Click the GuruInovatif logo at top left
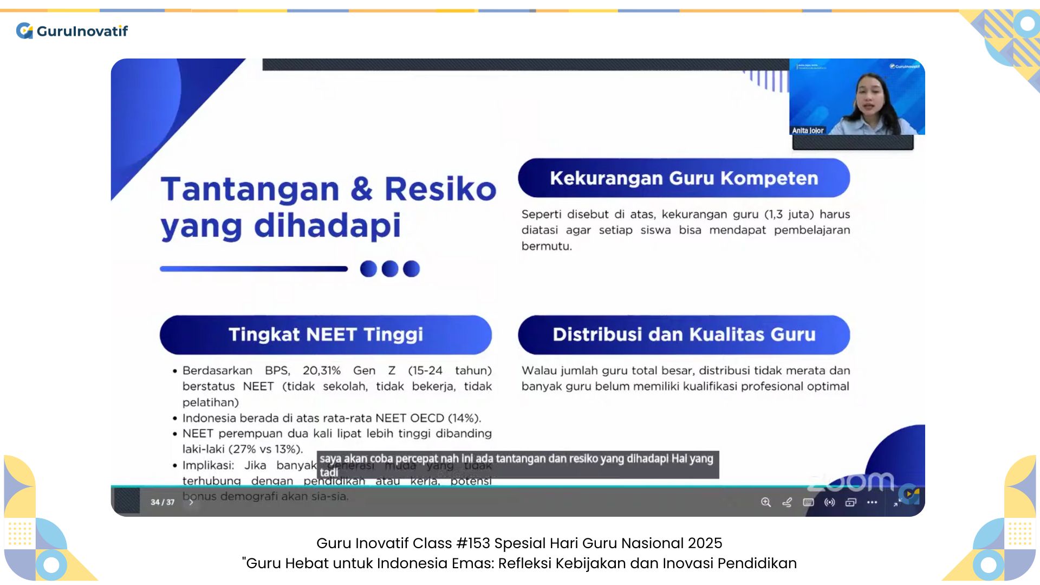click(x=72, y=31)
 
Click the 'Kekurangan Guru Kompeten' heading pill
click(x=684, y=178)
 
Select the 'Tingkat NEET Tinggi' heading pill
click(x=326, y=335)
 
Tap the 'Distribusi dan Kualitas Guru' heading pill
click(x=684, y=335)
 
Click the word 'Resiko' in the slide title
click(x=440, y=190)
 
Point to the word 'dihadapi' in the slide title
click(x=327, y=226)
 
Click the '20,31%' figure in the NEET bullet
click(x=322, y=370)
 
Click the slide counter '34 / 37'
click(x=162, y=502)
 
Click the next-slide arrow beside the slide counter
click(x=191, y=502)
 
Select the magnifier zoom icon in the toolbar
click(x=766, y=502)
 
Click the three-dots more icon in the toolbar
click(x=872, y=502)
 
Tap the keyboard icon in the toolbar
click(x=808, y=502)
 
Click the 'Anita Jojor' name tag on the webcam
click(x=808, y=131)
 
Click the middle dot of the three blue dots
click(x=390, y=269)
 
